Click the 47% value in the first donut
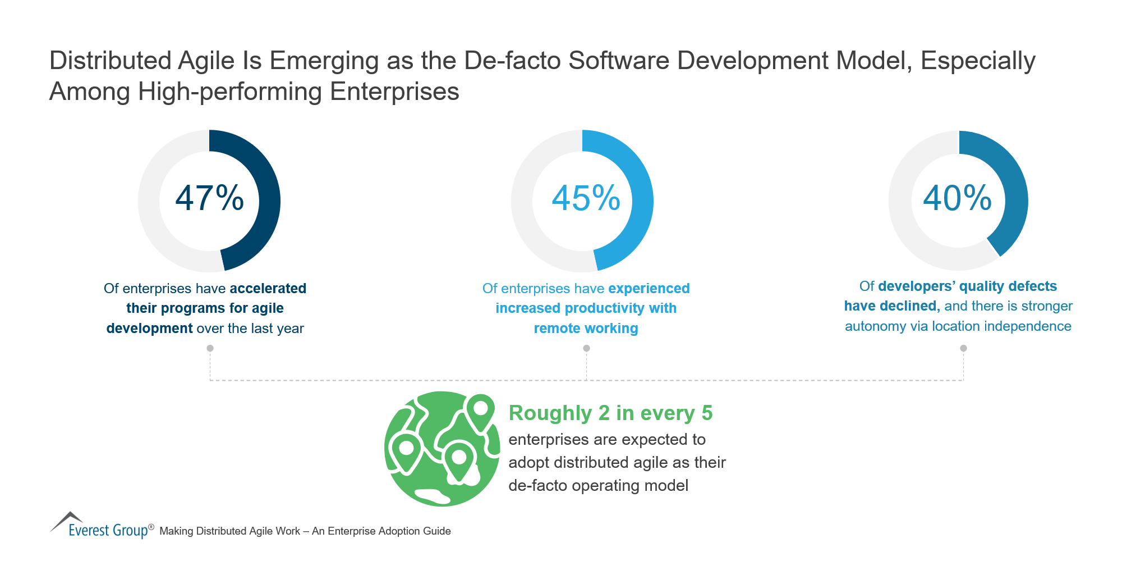pyautogui.click(x=209, y=198)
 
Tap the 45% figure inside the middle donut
pyautogui.click(x=586, y=198)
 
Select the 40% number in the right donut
pyautogui.click(x=958, y=198)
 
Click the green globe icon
pyautogui.click(x=442, y=449)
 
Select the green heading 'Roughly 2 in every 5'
pyautogui.click(x=610, y=413)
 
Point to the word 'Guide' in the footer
pyautogui.click(x=437, y=531)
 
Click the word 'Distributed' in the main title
pyautogui.click(x=111, y=61)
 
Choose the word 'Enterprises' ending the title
pyautogui.click(x=395, y=92)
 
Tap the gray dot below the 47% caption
pyautogui.click(x=210, y=348)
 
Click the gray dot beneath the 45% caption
pyautogui.click(x=586, y=348)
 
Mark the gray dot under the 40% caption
pyautogui.click(x=963, y=348)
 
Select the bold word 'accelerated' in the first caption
pyautogui.click(x=268, y=288)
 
